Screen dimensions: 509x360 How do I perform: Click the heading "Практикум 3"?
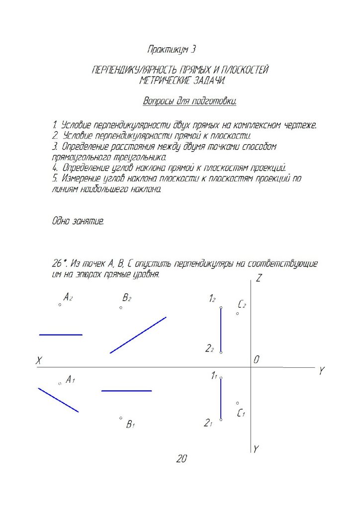click(x=172, y=49)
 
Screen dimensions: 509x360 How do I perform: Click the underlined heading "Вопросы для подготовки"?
click(x=189, y=101)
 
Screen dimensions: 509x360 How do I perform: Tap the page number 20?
click(x=181, y=459)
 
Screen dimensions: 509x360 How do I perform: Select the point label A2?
click(x=68, y=297)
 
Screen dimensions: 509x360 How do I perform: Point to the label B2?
click(x=127, y=298)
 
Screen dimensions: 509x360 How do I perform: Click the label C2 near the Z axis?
click(x=242, y=304)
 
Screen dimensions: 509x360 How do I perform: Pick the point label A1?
click(x=70, y=380)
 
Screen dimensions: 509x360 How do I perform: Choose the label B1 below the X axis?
click(x=131, y=424)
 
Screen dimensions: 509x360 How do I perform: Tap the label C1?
click(x=241, y=413)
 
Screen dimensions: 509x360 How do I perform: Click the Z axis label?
click(x=259, y=279)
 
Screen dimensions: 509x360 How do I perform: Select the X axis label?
click(x=38, y=361)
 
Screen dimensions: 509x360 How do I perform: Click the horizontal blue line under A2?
click(x=61, y=335)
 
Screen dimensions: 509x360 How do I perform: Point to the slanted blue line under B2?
click(x=138, y=335)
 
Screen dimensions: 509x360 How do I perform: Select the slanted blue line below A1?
click(x=58, y=400)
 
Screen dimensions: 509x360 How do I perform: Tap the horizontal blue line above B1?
click(x=126, y=391)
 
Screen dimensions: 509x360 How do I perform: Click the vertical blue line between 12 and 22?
click(x=221, y=330)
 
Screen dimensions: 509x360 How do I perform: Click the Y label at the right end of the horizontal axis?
click(x=322, y=371)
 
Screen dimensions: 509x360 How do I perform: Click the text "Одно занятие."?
click(x=78, y=222)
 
